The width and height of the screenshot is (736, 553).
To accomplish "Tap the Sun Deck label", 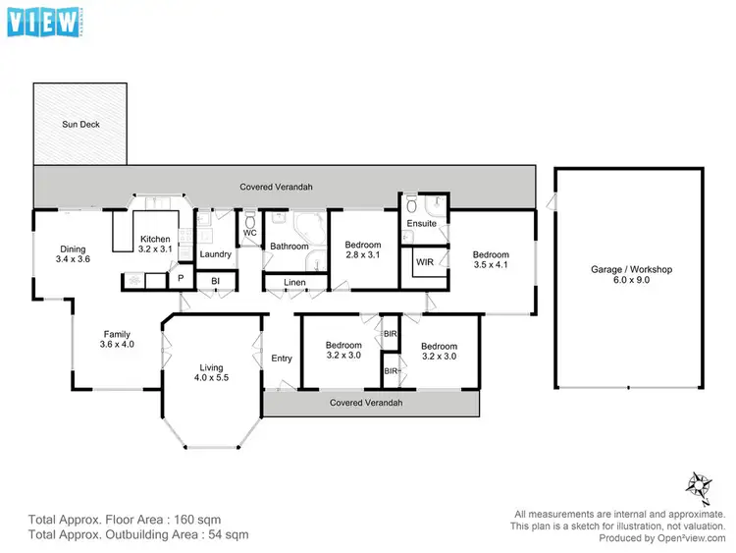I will (80, 125).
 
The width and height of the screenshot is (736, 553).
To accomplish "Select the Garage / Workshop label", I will (631, 268).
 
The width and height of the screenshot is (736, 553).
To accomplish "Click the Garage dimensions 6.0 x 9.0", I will (631, 280).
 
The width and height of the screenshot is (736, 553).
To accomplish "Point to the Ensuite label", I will (422, 224).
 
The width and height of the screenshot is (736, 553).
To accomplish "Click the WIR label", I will (425, 262).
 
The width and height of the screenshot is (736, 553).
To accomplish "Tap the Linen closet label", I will (294, 283).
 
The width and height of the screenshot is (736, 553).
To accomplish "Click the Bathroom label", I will (289, 247).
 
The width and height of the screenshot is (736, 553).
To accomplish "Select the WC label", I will (249, 233).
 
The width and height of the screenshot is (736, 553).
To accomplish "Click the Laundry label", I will (215, 255).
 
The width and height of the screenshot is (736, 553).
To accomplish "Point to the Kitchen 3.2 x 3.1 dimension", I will (156, 249).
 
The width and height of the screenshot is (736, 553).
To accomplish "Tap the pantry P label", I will (181, 279).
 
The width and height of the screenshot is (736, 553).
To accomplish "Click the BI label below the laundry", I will (215, 282).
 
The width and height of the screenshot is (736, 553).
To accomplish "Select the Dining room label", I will (74, 249).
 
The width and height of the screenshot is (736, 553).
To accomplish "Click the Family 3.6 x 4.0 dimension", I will (116, 346).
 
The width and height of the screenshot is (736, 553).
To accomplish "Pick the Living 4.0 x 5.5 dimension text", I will (213, 377).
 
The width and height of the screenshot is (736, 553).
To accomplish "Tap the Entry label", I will (282, 359).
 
